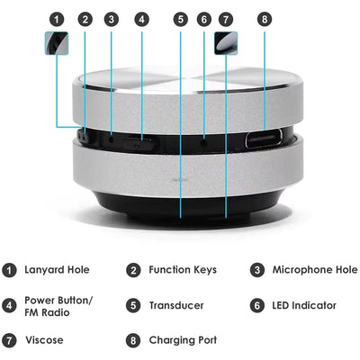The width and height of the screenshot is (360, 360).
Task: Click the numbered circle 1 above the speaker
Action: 58,18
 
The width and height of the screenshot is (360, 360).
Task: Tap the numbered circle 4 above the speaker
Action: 142,18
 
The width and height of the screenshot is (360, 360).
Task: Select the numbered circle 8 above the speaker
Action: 264,18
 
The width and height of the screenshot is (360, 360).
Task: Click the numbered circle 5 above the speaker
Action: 181,18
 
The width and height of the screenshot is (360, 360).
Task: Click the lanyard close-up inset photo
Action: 58,41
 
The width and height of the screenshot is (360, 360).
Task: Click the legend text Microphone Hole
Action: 316,270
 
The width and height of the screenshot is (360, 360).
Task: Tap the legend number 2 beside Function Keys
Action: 132,270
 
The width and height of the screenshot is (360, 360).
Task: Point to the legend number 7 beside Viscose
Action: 10,340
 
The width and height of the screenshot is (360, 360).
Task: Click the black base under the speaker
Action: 180,211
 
